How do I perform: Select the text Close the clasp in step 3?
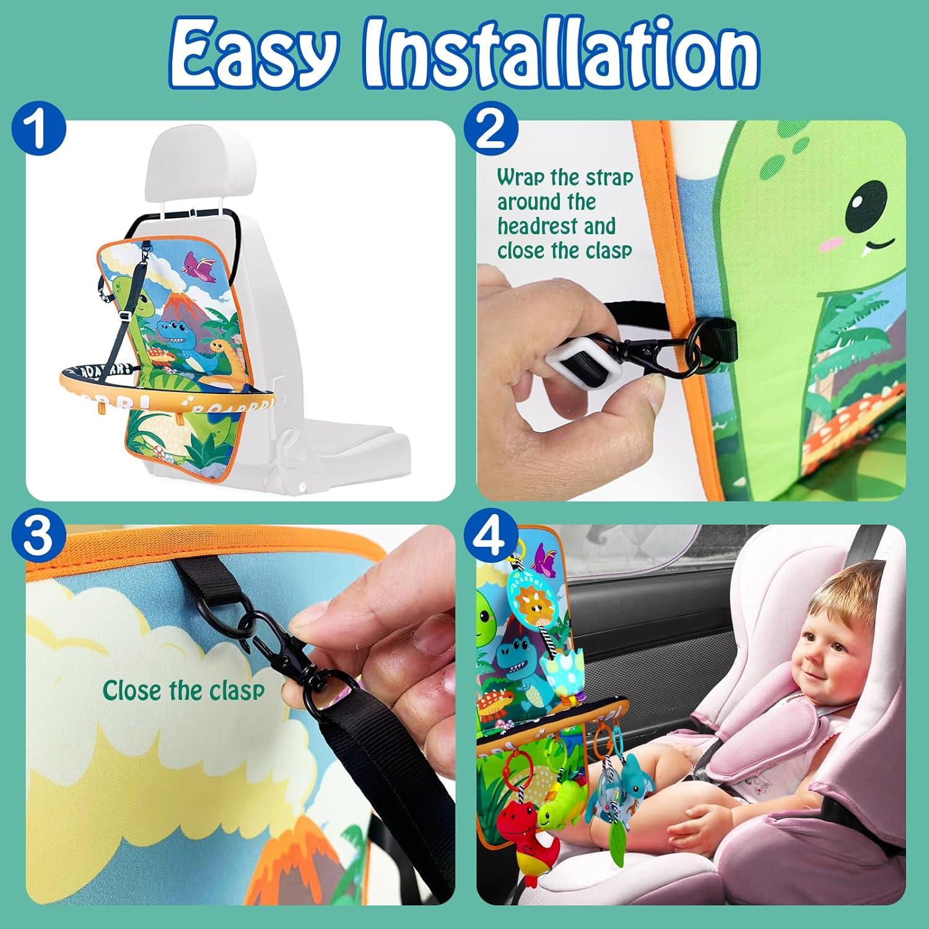click(183, 691)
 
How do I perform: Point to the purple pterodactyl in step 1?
click(194, 263)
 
